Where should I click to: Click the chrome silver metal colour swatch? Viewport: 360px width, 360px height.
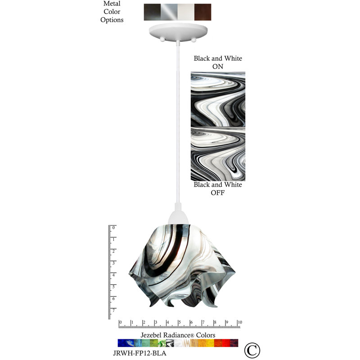click(169, 12)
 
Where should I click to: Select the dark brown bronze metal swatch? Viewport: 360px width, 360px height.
click(203, 12)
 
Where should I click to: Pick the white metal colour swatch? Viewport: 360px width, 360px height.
click(186, 12)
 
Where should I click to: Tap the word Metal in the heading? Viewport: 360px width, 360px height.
click(112, 4)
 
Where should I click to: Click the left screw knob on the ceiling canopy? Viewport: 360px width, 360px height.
click(162, 40)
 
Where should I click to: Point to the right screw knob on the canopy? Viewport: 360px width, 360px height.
click(193, 40)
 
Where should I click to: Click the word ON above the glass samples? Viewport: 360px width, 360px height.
click(218, 67)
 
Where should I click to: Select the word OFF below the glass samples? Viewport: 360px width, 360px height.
click(218, 193)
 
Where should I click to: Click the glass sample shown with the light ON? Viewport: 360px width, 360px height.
click(218, 99)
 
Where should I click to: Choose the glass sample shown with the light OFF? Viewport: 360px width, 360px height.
click(218, 154)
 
